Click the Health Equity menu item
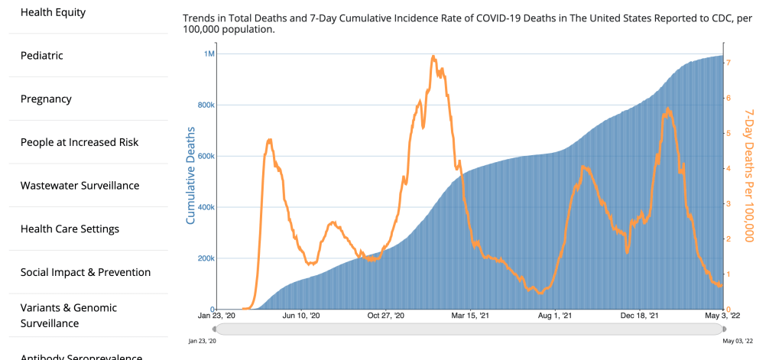(53, 12)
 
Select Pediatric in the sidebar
(41, 56)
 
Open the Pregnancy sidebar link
(46, 99)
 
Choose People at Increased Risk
(80, 142)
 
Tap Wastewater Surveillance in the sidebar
(79, 186)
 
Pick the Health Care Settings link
(70, 229)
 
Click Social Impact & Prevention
(85, 272)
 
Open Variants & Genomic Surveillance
(69, 315)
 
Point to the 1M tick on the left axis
(209, 54)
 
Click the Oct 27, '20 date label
(386, 315)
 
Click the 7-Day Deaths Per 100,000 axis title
(750, 175)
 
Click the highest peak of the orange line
(433, 56)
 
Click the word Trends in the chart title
(200, 17)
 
